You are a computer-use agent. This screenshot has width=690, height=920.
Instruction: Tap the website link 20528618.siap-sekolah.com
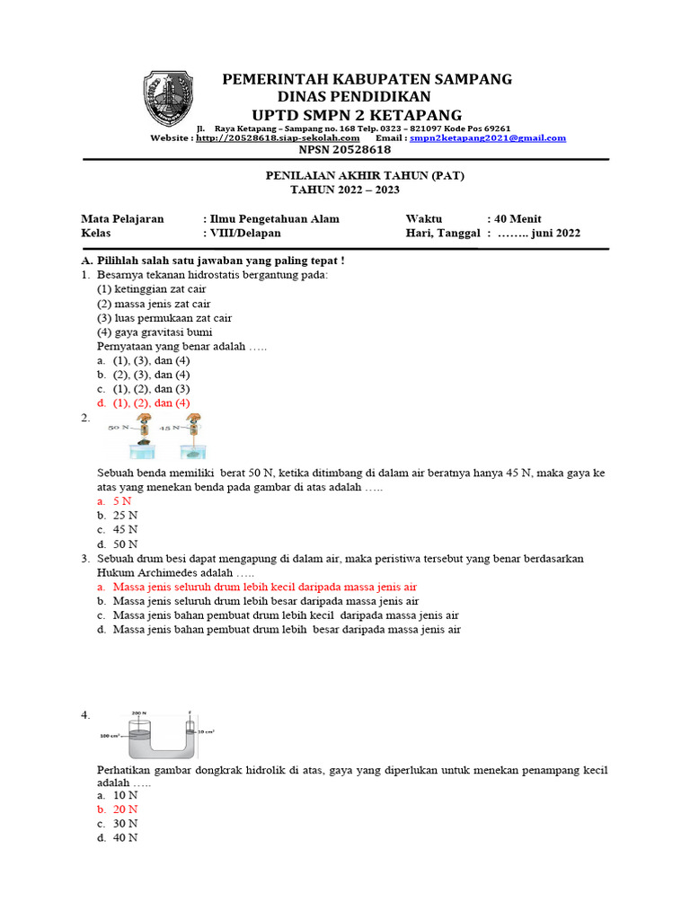point(278,138)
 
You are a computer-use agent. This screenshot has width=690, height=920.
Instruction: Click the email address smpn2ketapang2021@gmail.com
point(487,138)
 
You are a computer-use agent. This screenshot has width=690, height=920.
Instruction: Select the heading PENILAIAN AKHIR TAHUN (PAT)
point(344,176)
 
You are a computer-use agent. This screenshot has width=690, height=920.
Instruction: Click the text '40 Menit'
point(513,218)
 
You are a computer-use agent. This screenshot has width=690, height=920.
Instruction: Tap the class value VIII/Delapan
point(244,233)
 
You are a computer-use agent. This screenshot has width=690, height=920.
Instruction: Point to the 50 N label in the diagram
point(119,429)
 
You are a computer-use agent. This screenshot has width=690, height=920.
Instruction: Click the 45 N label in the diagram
point(170,429)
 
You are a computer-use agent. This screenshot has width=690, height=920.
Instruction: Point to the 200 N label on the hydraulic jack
point(138,712)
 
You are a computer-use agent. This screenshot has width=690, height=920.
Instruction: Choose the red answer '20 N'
point(125,809)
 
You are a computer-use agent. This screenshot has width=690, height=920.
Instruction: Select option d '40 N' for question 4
point(125,838)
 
